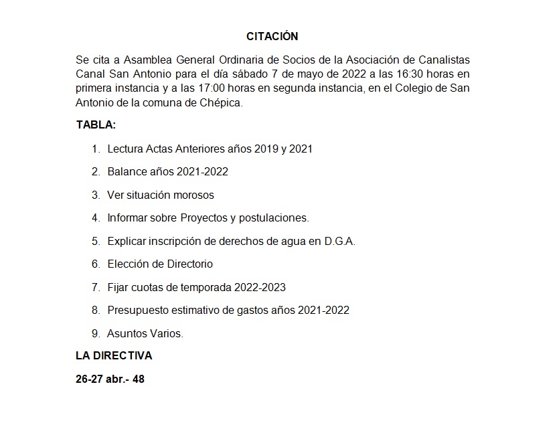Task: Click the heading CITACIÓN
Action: (x=272, y=36)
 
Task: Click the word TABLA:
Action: (x=96, y=125)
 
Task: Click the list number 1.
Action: (x=96, y=149)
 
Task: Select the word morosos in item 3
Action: (x=193, y=195)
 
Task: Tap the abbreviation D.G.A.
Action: (x=339, y=241)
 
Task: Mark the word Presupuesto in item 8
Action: (x=137, y=311)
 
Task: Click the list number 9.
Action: (x=96, y=333)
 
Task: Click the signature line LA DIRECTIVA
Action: (x=114, y=356)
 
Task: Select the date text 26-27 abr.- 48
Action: (x=110, y=379)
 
